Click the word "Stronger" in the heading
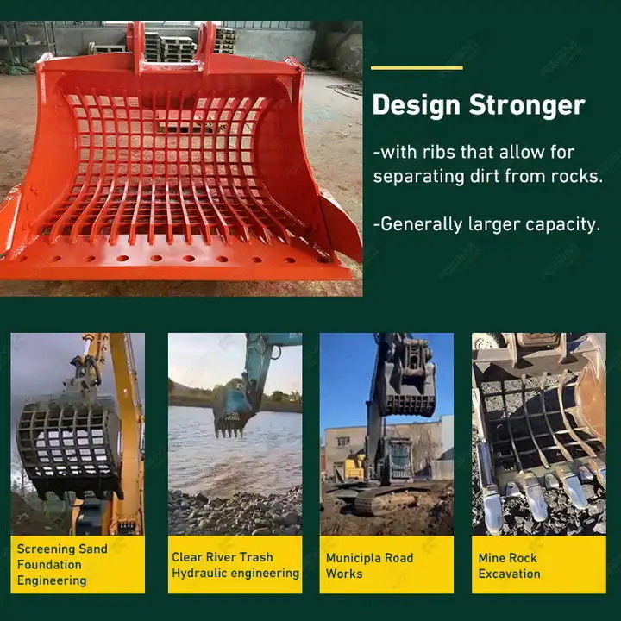527,105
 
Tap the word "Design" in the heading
417,105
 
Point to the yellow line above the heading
417,68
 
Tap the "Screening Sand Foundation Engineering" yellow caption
78,564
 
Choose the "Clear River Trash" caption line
223,557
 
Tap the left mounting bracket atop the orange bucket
135,47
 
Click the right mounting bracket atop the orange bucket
207,47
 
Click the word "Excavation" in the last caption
510,574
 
